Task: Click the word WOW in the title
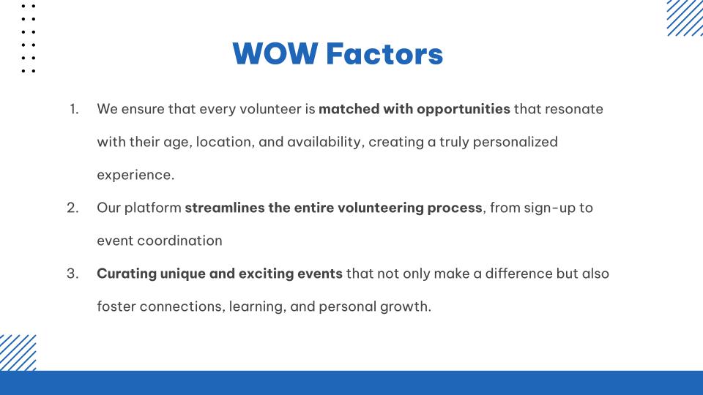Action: [275, 53]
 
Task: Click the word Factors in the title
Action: [384, 53]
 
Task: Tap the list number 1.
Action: [74, 109]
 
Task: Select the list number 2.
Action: [73, 208]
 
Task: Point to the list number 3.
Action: [73, 274]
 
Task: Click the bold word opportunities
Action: [463, 110]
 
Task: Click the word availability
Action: [324, 143]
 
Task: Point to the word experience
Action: [135, 176]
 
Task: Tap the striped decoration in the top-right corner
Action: [685, 18]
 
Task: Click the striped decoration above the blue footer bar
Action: [18, 353]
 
